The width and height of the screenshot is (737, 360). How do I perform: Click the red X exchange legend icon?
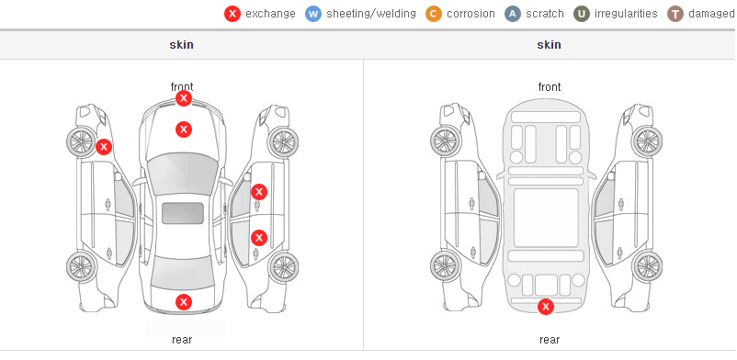(x=232, y=14)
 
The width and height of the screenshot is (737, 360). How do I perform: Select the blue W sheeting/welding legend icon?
(x=313, y=14)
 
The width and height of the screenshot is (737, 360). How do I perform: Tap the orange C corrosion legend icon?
(x=434, y=14)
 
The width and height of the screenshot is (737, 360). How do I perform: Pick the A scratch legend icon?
(x=513, y=14)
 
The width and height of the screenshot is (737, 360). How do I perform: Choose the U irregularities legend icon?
(x=582, y=14)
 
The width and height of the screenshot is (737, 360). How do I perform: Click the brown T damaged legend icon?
(x=675, y=14)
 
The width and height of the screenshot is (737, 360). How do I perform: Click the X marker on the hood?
(x=184, y=129)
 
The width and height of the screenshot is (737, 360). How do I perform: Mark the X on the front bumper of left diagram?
(x=183, y=98)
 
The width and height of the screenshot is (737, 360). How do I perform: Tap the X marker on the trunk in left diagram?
(x=184, y=302)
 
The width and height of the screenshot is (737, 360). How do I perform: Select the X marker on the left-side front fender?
(x=104, y=147)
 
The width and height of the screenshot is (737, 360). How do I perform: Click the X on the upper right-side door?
(x=259, y=192)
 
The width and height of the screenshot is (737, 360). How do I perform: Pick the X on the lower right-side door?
(x=259, y=237)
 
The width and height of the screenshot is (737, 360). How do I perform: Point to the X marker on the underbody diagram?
(x=546, y=307)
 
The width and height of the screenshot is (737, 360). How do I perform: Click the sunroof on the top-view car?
(x=183, y=213)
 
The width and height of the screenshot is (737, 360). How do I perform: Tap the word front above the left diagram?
(x=182, y=87)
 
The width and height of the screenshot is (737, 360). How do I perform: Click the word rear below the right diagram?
(x=550, y=340)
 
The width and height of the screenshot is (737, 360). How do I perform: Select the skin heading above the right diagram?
(x=549, y=45)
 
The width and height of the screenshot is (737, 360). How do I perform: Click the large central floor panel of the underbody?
(x=546, y=218)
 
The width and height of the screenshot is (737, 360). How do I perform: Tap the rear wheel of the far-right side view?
(x=647, y=267)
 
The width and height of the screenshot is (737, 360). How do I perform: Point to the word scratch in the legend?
(x=545, y=14)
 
